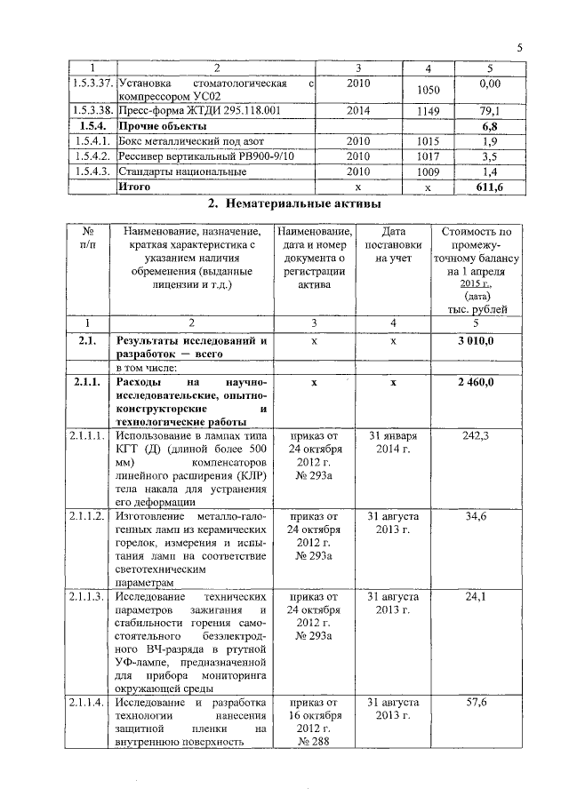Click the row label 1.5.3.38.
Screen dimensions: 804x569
[92, 111]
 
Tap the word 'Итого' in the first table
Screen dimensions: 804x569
[134, 187]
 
